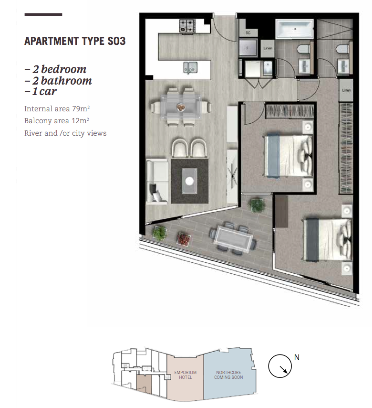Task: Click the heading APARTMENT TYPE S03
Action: [x=75, y=41]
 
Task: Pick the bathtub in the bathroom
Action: [x=295, y=30]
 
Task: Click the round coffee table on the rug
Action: [x=189, y=181]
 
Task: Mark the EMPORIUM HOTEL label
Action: [x=185, y=375]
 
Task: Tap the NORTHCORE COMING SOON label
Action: [x=229, y=375]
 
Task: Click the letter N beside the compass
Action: [x=297, y=357]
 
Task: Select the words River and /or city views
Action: [x=65, y=133]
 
